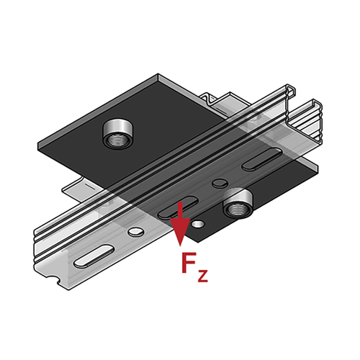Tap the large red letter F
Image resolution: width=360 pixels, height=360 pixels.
pos(189,263)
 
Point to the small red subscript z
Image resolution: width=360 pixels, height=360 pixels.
pos(202,275)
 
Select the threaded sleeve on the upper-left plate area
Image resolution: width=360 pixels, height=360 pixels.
pos(118,133)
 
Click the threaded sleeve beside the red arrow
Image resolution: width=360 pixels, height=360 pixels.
pos(238,203)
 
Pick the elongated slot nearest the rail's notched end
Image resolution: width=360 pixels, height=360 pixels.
pos(94,256)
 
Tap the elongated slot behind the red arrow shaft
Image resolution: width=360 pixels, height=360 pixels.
pos(178,207)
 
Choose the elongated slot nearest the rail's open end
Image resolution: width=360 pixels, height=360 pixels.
pos(262,159)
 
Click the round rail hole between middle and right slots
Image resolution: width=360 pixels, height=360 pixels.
pos(220,184)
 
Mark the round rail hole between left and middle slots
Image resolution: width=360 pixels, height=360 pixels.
pos(136,232)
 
